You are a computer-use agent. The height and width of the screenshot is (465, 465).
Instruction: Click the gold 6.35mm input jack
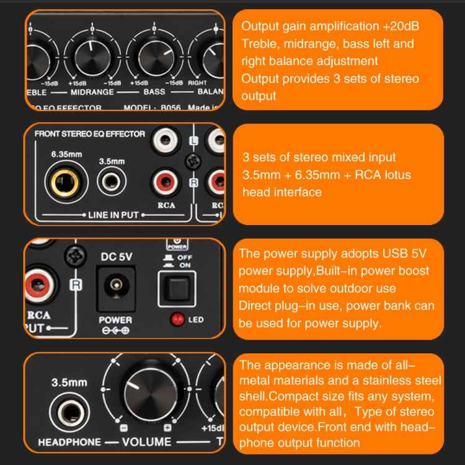pyautogui.click(x=60, y=184)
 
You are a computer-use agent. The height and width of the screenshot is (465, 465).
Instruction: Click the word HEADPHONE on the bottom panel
pyautogui.click(x=68, y=442)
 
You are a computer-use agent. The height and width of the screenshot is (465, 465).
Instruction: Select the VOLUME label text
pyautogui.click(x=146, y=442)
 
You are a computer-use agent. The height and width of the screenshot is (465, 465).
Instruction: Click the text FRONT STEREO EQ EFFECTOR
pyautogui.click(x=89, y=134)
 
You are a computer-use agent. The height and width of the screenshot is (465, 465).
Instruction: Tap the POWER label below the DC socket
pyautogui.click(x=115, y=320)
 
